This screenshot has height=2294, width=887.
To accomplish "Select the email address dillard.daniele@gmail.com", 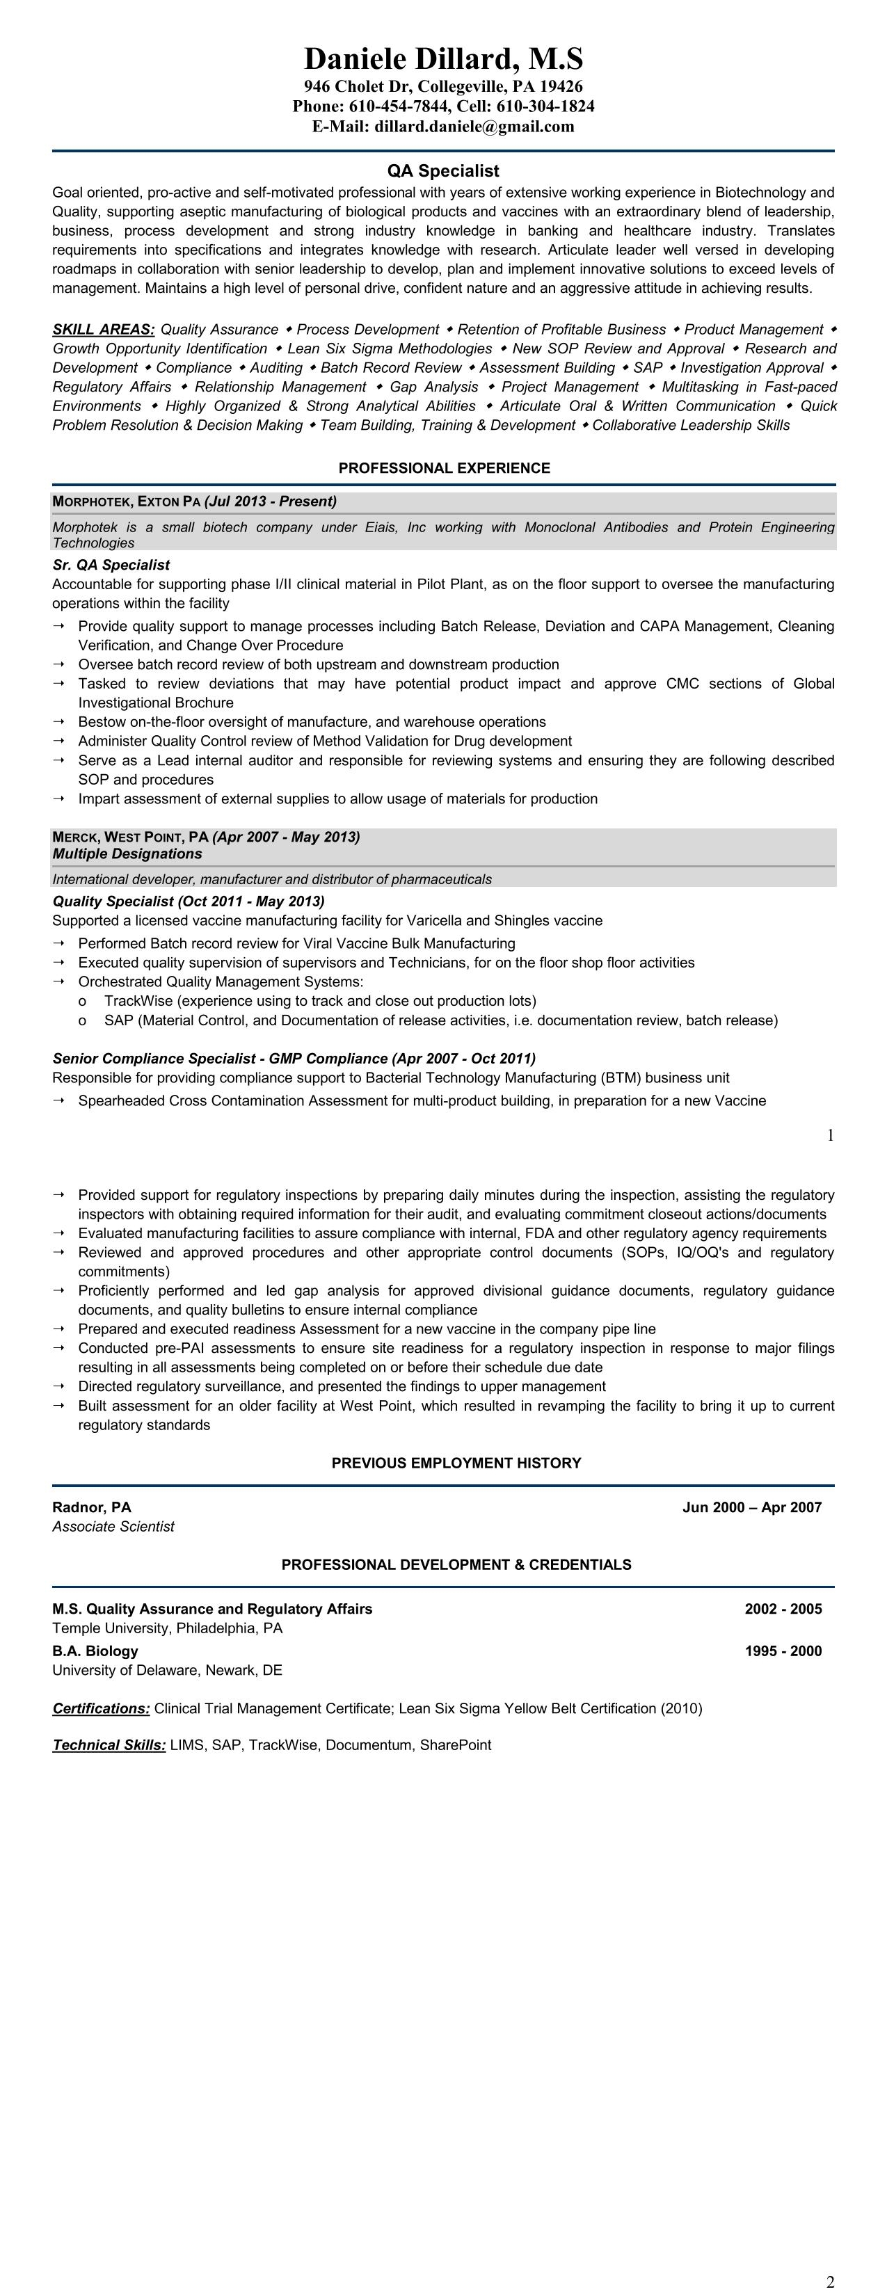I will click(474, 127).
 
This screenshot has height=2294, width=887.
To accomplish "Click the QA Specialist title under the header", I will click(442, 171).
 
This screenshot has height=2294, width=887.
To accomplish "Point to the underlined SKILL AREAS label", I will click(103, 330).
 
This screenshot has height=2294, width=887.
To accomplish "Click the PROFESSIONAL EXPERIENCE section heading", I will click(444, 468).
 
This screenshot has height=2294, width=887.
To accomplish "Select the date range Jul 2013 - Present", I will click(271, 502).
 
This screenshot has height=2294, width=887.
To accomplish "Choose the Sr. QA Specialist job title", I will click(111, 565).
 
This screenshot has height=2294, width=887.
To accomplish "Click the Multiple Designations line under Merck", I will click(127, 854).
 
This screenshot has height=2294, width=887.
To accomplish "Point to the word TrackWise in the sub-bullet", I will click(138, 1001).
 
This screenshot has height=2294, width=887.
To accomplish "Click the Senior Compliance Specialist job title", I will click(219, 1059).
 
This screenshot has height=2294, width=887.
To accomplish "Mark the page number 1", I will click(830, 1135).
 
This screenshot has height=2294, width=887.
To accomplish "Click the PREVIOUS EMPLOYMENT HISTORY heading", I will click(456, 1463).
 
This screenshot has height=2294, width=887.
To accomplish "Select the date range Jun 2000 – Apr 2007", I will click(751, 1508).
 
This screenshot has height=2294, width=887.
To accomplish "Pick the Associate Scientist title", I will click(113, 1526).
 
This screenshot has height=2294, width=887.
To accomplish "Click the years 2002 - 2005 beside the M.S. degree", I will click(783, 1609).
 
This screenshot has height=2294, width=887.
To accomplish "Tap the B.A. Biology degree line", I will click(95, 1651).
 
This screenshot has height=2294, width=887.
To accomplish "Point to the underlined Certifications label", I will click(101, 1708).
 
